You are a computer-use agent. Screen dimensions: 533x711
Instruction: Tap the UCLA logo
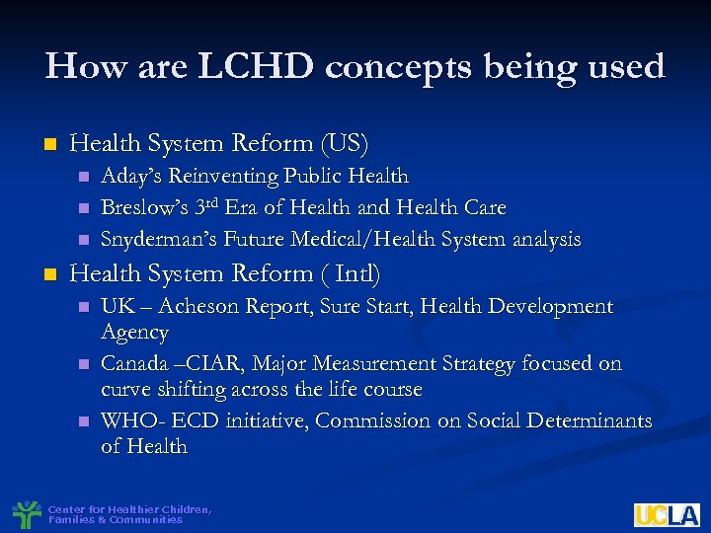[667, 514]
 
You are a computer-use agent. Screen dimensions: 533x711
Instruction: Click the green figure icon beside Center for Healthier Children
[26, 514]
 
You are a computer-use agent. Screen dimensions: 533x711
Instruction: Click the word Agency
[135, 333]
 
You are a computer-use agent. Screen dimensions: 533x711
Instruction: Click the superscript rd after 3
[211, 202]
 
